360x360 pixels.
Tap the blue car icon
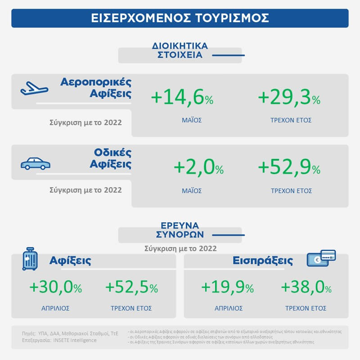[x=36, y=163]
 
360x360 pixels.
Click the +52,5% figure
[x=131, y=287]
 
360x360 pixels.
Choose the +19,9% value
[x=227, y=287]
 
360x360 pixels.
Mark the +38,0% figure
[x=306, y=287]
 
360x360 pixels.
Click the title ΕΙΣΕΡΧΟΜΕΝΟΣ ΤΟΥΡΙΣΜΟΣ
[x=180, y=18]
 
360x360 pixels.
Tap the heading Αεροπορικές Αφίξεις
[x=96, y=88]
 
